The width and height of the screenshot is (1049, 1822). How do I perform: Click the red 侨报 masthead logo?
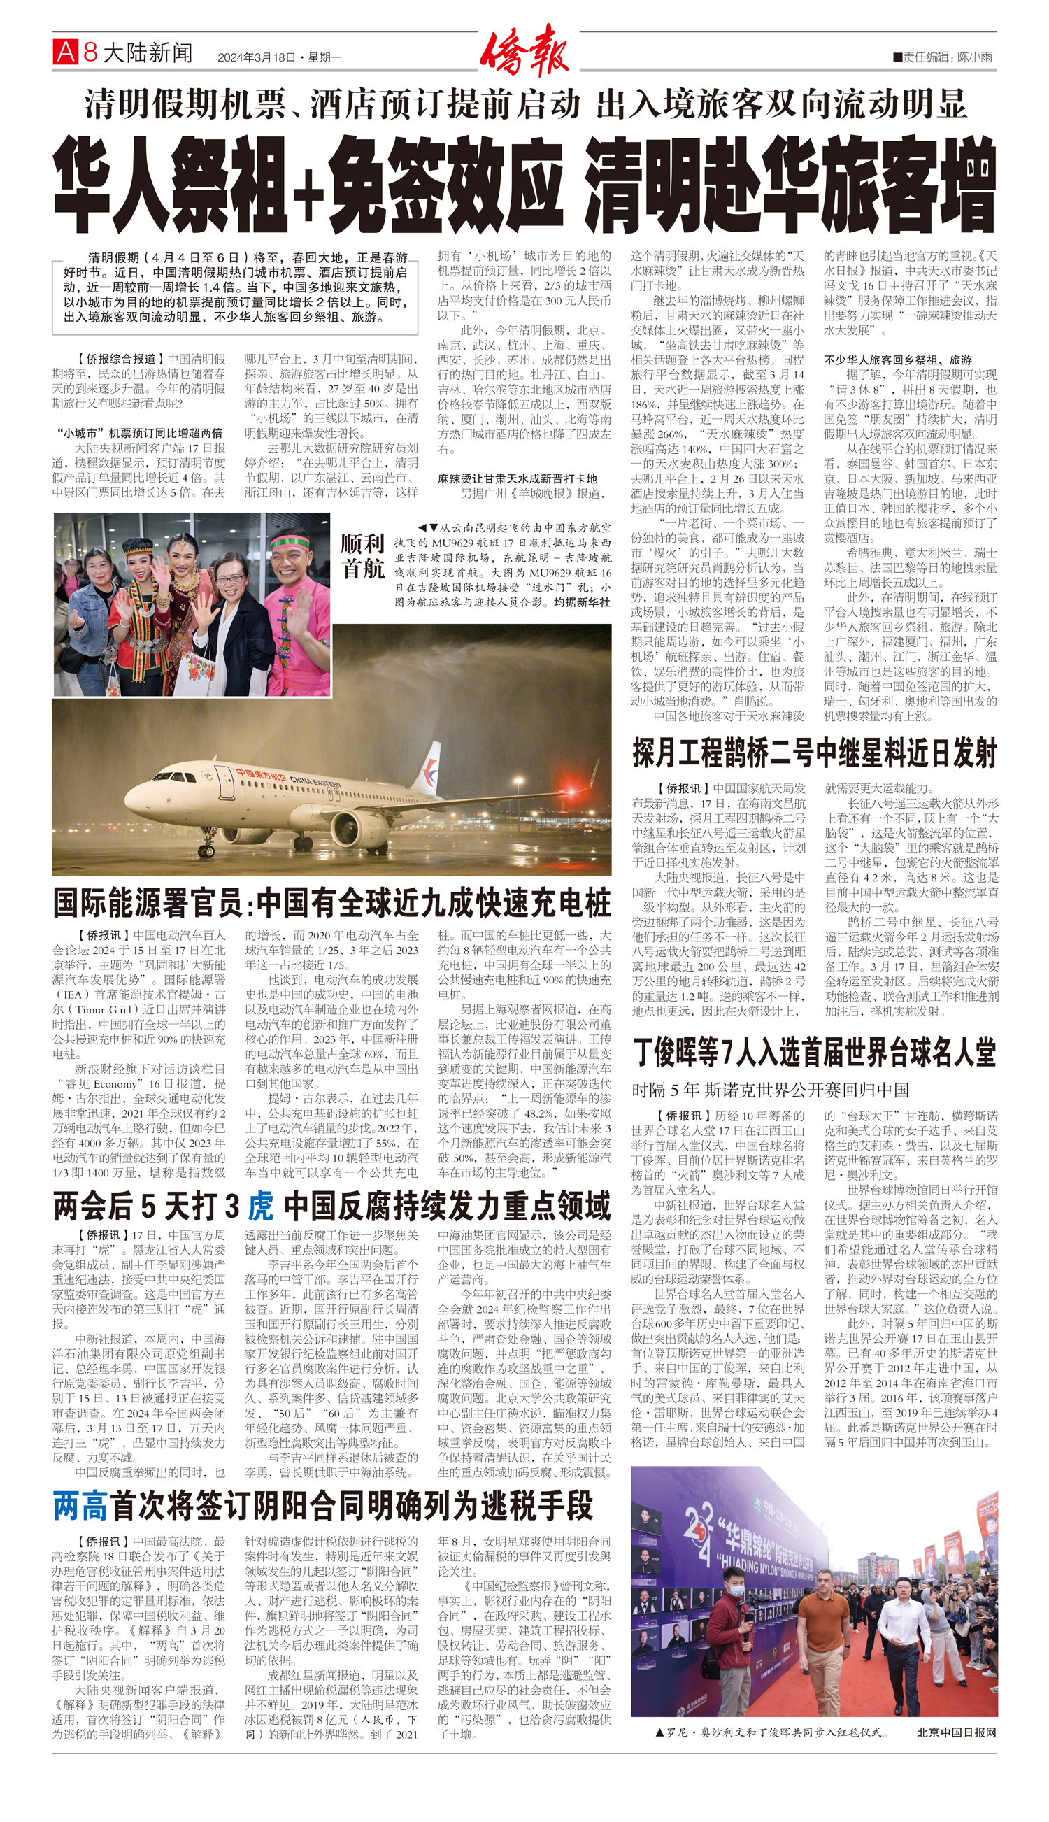tap(524, 50)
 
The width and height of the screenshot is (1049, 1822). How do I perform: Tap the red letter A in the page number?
tap(66, 52)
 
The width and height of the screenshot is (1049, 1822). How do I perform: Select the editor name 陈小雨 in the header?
tap(975, 57)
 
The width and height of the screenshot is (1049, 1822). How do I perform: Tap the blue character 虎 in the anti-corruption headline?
tap(260, 1205)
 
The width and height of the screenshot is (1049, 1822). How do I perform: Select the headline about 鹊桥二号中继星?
tap(814, 753)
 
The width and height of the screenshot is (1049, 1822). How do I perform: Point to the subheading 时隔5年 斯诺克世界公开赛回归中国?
tap(770, 1089)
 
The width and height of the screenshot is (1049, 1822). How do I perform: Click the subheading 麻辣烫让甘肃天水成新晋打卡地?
tap(518, 478)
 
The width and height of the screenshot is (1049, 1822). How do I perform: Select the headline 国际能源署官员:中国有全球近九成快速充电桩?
tap(331, 902)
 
